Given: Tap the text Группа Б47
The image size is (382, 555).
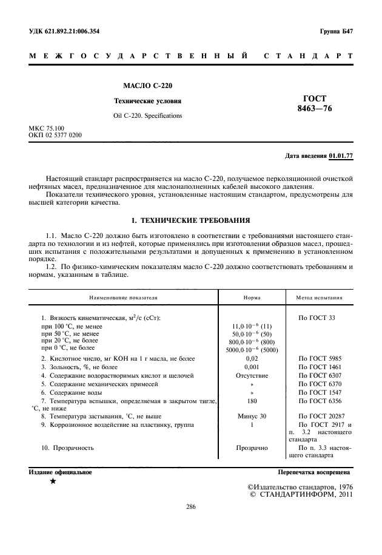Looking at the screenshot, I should [336, 31].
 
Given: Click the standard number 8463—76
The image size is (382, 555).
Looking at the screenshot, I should [314, 109].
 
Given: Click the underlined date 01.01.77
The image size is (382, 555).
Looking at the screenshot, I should [341, 156].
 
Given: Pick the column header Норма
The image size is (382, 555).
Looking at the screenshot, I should [252, 298].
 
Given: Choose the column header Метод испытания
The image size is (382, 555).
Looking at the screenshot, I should [319, 298].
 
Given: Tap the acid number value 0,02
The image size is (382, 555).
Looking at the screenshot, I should [252, 359].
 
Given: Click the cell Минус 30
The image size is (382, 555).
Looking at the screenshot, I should [252, 416].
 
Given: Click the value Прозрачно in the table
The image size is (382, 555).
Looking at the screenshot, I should [252, 448].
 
